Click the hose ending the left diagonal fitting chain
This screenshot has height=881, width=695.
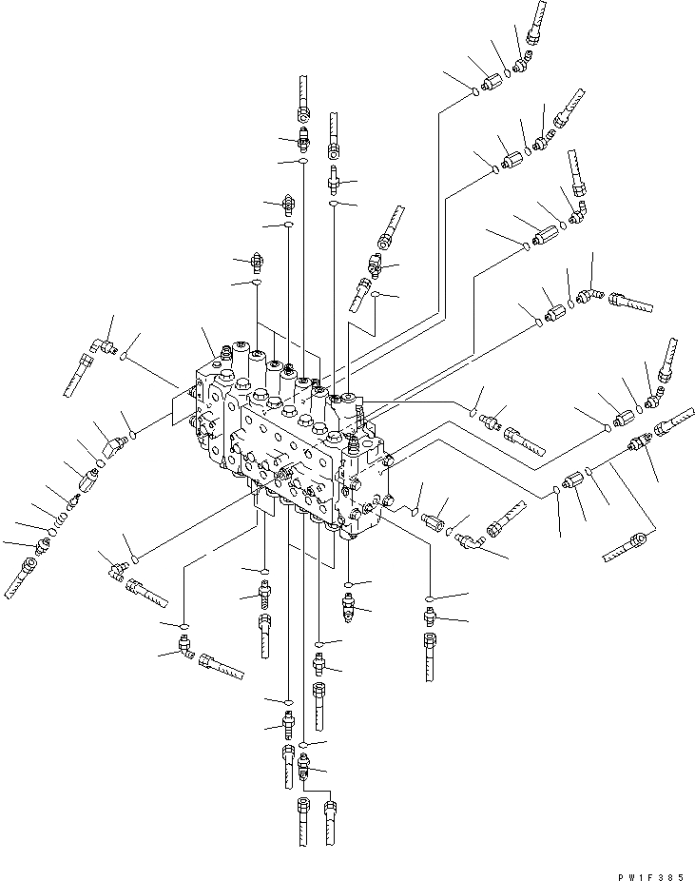pos(22,577)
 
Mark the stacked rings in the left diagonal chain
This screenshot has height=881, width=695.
pos(59,521)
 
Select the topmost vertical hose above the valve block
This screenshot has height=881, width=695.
pos(302,93)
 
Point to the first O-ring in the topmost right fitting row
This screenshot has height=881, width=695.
pos(473,91)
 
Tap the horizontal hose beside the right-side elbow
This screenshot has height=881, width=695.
pos(631,304)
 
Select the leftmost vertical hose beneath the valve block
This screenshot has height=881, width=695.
pos(265,636)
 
